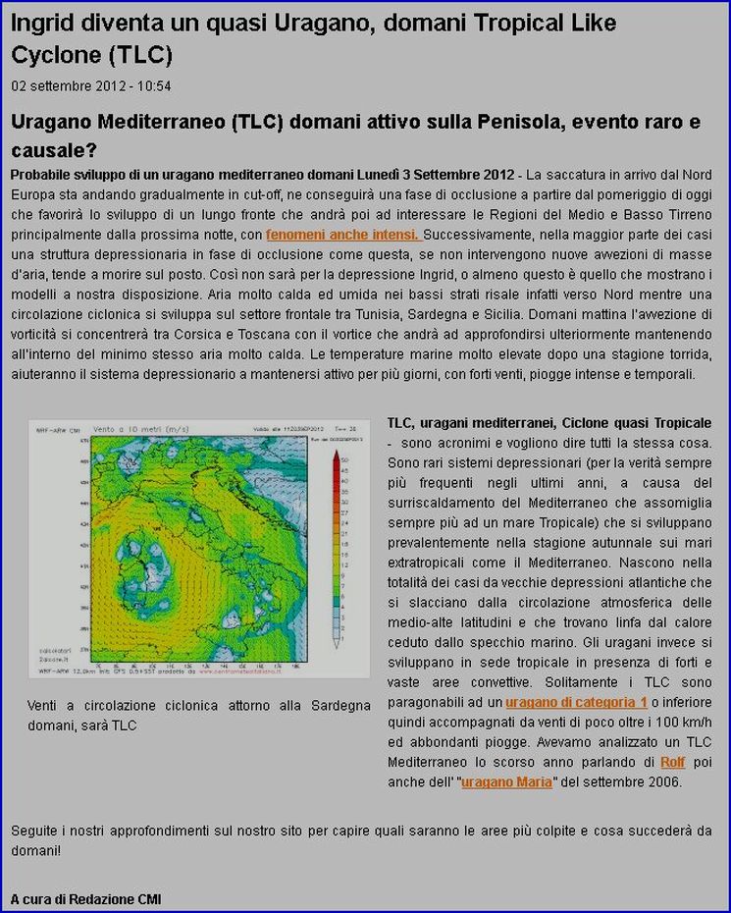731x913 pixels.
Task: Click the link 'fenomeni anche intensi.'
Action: point(343,236)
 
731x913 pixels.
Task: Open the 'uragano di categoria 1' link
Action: point(576,703)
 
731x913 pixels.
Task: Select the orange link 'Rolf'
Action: point(672,762)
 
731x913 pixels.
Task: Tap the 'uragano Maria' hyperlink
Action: point(507,782)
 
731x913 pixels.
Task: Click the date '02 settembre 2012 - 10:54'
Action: point(91,86)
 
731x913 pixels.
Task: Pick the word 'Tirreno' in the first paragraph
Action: point(687,215)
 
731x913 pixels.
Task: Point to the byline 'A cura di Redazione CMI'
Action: point(86,899)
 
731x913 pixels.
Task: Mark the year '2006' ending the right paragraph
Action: point(663,782)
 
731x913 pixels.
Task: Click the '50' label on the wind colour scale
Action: point(345,457)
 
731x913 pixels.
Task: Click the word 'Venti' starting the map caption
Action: point(44,706)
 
